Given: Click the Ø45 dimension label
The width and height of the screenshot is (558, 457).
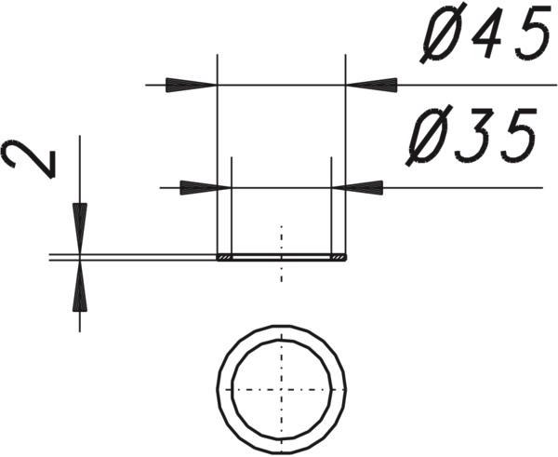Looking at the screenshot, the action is [x=485, y=33].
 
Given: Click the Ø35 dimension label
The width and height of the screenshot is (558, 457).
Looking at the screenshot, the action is [x=472, y=135].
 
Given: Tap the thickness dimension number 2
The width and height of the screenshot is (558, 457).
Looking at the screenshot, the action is [x=29, y=158].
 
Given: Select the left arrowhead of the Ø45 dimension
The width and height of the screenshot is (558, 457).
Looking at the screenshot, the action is [x=192, y=85].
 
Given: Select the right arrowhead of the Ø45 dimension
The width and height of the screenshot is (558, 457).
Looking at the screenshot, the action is [x=371, y=85].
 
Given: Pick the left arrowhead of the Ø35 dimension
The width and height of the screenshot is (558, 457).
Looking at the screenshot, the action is [x=206, y=188].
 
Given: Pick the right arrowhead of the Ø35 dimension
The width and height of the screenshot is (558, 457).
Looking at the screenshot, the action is [x=357, y=188].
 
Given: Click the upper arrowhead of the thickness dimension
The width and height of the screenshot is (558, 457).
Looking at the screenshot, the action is [x=80, y=229].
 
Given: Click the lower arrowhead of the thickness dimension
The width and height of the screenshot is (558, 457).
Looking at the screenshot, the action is [x=80, y=286].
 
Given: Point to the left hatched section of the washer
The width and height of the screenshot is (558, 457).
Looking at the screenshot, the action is [x=224, y=258].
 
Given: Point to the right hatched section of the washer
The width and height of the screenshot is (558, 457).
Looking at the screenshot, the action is [x=339, y=258].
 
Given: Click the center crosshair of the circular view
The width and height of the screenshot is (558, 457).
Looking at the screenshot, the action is [x=282, y=390].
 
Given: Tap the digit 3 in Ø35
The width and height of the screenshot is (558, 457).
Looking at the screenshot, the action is [x=471, y=136].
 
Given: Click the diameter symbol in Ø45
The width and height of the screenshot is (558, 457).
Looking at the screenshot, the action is [x=440, y=33].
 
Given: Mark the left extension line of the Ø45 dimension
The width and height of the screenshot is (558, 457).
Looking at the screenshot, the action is [x=218, y=155].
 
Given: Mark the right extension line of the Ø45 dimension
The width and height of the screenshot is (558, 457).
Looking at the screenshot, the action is [x=346, y=155].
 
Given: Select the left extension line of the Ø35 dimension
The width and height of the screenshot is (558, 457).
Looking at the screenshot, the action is [x=232, y=206].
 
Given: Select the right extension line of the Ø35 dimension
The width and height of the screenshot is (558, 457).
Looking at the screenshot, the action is [x=331, y=206].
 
